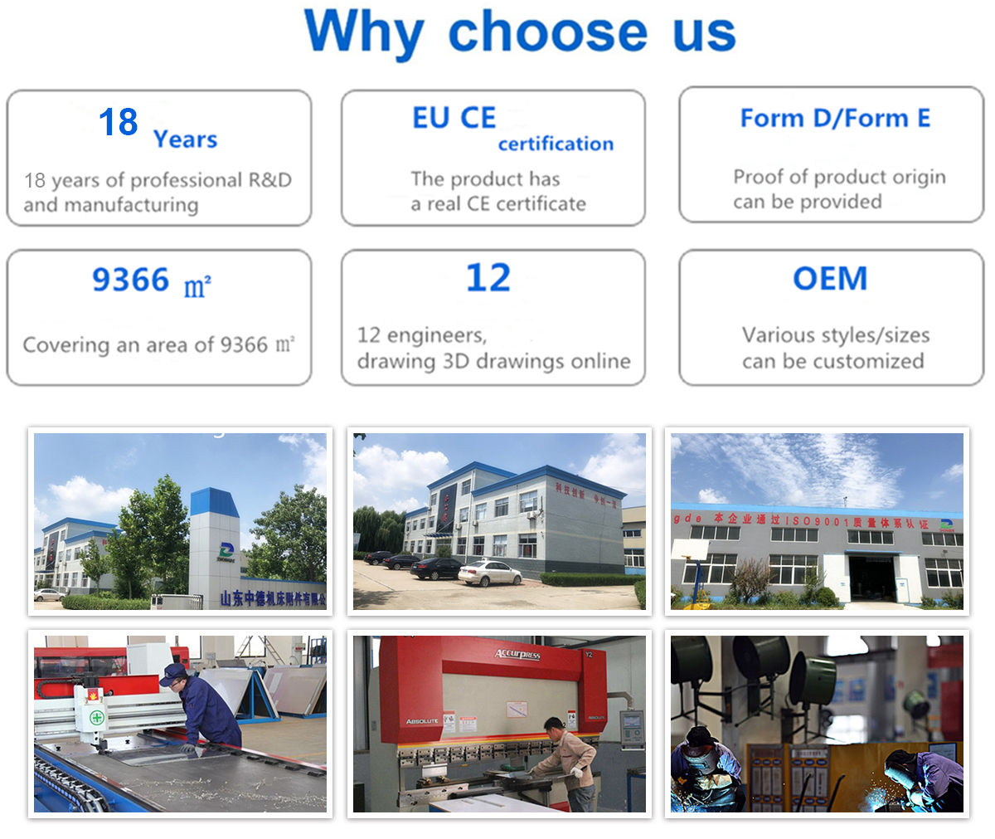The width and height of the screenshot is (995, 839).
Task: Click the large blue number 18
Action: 118,123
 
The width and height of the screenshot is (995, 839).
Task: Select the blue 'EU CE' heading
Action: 454,118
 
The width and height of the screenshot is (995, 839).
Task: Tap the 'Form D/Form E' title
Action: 834,118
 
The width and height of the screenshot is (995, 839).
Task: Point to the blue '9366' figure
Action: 130,280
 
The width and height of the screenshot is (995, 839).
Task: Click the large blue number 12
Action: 488,278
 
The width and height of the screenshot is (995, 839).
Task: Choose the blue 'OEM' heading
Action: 829,279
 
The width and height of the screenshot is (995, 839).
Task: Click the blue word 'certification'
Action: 556,144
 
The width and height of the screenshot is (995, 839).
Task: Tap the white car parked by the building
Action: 489,573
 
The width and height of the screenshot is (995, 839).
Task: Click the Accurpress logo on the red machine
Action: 517,655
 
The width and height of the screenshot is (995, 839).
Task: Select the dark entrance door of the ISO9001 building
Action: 871,578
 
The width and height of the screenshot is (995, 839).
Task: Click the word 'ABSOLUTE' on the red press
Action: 422,720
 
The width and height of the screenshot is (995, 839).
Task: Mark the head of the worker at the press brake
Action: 554,728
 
